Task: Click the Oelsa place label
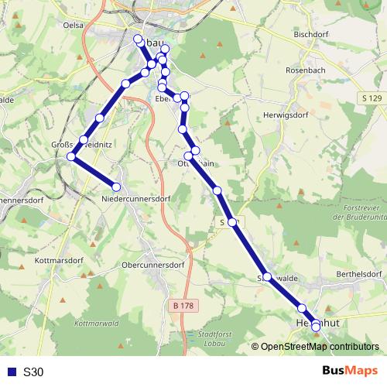74,25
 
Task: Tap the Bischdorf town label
313,35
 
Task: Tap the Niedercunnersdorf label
136,199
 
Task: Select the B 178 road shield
183,306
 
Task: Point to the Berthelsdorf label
358,274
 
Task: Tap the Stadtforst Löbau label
216,337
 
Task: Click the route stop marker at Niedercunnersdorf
117,187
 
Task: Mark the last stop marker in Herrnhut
316,327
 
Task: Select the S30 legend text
33,372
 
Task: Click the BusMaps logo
349,371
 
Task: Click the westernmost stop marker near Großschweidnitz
70,156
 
